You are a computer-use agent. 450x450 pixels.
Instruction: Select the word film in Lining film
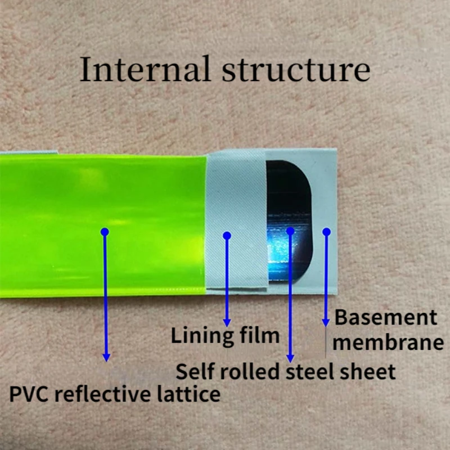point(260,336)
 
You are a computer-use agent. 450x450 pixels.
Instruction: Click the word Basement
point(386,318)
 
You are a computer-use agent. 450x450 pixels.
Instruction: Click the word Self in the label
point(195,372)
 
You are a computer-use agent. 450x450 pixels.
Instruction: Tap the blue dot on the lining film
point(227,235)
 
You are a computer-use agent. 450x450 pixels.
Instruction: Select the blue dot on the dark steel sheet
point(290,231)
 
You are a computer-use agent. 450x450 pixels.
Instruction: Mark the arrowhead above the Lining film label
point(227,322)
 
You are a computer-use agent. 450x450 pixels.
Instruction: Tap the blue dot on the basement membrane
point(326,231)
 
